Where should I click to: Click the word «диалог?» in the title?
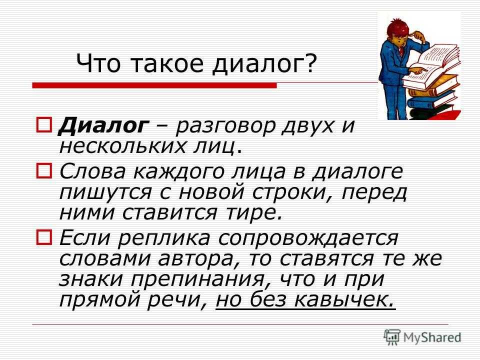point(263,63)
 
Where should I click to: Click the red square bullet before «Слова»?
point(44,171)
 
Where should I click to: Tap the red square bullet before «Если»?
point(44,237)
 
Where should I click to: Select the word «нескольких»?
point(122,147)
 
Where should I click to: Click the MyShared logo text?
point(432,337)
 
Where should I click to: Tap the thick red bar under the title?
point(154,85)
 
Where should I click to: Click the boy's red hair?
point(397,27)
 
